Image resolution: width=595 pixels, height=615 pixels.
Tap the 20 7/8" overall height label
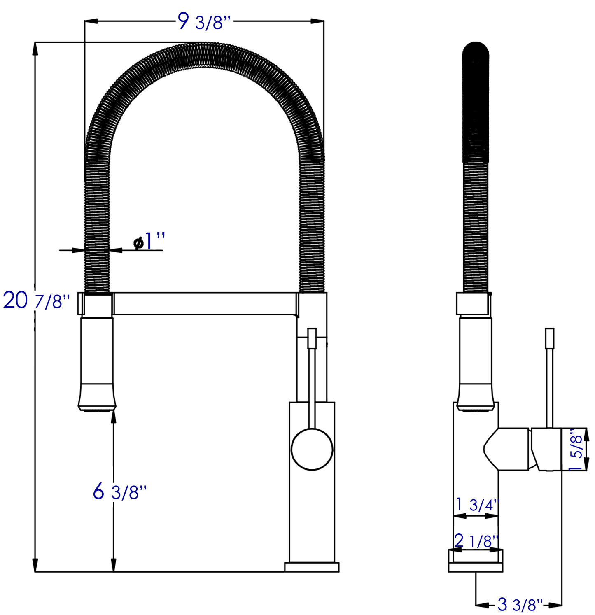(36, 301)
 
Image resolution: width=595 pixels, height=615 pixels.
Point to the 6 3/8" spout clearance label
(119, 491)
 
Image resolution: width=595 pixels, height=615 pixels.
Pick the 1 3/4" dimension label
(478, 505)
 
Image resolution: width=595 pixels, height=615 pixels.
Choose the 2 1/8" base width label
(477, 540)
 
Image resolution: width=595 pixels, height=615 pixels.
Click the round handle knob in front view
(312, 450)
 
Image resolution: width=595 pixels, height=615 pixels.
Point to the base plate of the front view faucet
(312, 567)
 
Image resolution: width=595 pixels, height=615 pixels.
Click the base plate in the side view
(476, 567)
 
